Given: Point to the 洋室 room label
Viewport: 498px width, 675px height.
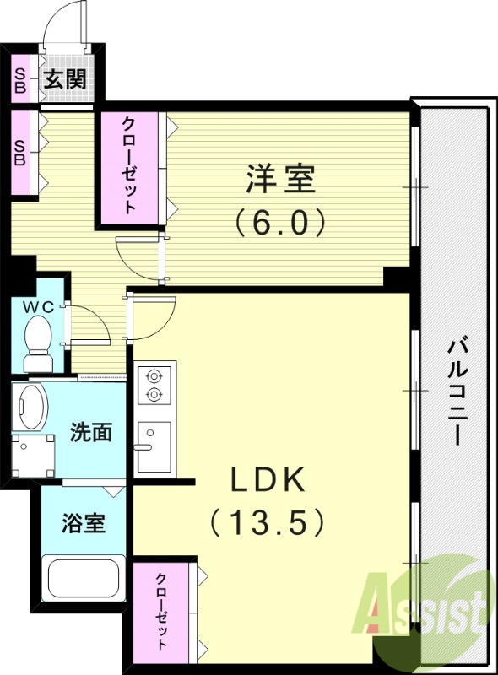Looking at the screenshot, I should pyautogui.click(x=280, y=180).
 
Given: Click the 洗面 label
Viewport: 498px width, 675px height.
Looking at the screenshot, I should pyautogui.click(x=90, y=433).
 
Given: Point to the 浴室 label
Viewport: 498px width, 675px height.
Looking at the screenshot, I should pyautogui.click(x=83, y=522).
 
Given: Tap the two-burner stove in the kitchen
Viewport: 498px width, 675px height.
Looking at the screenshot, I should pyautogui.click(x=154, y=384).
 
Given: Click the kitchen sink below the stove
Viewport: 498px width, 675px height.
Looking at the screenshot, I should pyautogui.click(x=154, y=445).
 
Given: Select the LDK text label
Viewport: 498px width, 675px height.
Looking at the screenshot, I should pyautogui.click(x=268, y=481).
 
